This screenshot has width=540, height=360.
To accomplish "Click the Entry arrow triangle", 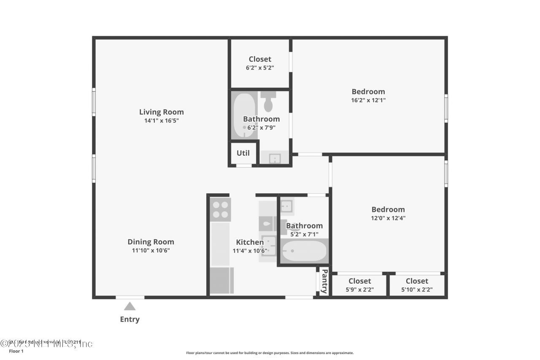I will tap(130, 306).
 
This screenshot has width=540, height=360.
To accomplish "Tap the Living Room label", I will tap(162, 112).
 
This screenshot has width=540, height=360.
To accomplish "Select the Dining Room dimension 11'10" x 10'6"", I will tap(151, 250).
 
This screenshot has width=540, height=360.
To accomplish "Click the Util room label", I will tap(243, 153).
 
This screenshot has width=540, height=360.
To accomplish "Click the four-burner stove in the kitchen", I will tap(220, 209).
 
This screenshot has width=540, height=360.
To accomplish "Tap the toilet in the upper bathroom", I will tap(268, 102).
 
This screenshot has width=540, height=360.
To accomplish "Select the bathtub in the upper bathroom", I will tap(244, 115).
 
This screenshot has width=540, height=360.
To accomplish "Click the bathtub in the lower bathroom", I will tap(304, 251).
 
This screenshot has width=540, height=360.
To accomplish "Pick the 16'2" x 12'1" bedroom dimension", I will tap(368, 100).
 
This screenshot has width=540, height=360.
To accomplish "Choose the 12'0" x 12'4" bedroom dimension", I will tap(388, 218).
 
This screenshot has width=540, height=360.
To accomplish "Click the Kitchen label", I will tap(250, 242).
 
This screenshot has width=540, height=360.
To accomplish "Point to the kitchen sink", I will tap(268, 246).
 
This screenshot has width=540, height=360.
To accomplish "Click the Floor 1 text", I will tap(16, 351).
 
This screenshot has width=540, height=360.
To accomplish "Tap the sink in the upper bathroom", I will tap(275, 158).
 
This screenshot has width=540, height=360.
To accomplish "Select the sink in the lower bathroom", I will tap(287, 206).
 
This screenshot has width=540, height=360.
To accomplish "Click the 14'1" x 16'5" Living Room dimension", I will tap(162, 121).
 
